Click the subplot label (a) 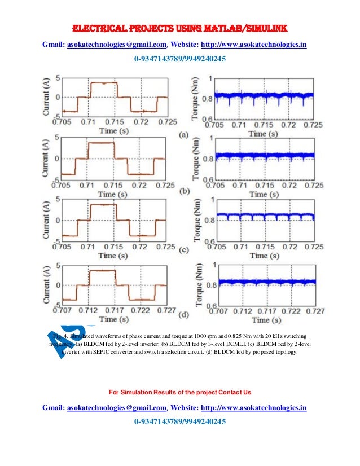click(183, 135)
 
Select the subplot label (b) click(183, 191)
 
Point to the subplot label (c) click(183, 250)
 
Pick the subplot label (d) click(183, 314)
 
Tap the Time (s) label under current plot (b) click(113, 194)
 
